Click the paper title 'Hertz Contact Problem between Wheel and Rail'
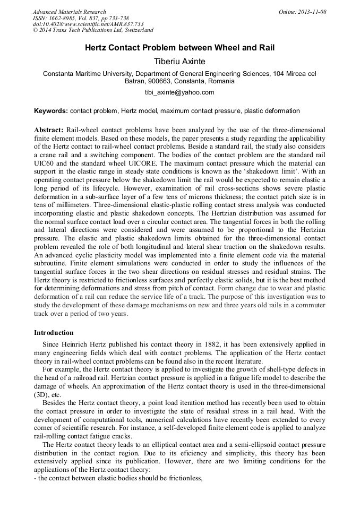tap(179, 48)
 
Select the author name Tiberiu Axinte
tap(179, 61)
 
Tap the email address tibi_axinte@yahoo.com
tap(179, 92)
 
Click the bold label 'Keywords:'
tap(51, 111)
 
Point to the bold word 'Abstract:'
tap(49, 130)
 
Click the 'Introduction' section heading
tap(54, 333)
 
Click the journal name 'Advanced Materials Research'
tap(69, 12)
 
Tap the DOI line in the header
tap(88, 24)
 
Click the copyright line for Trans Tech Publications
tap(93, 31)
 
